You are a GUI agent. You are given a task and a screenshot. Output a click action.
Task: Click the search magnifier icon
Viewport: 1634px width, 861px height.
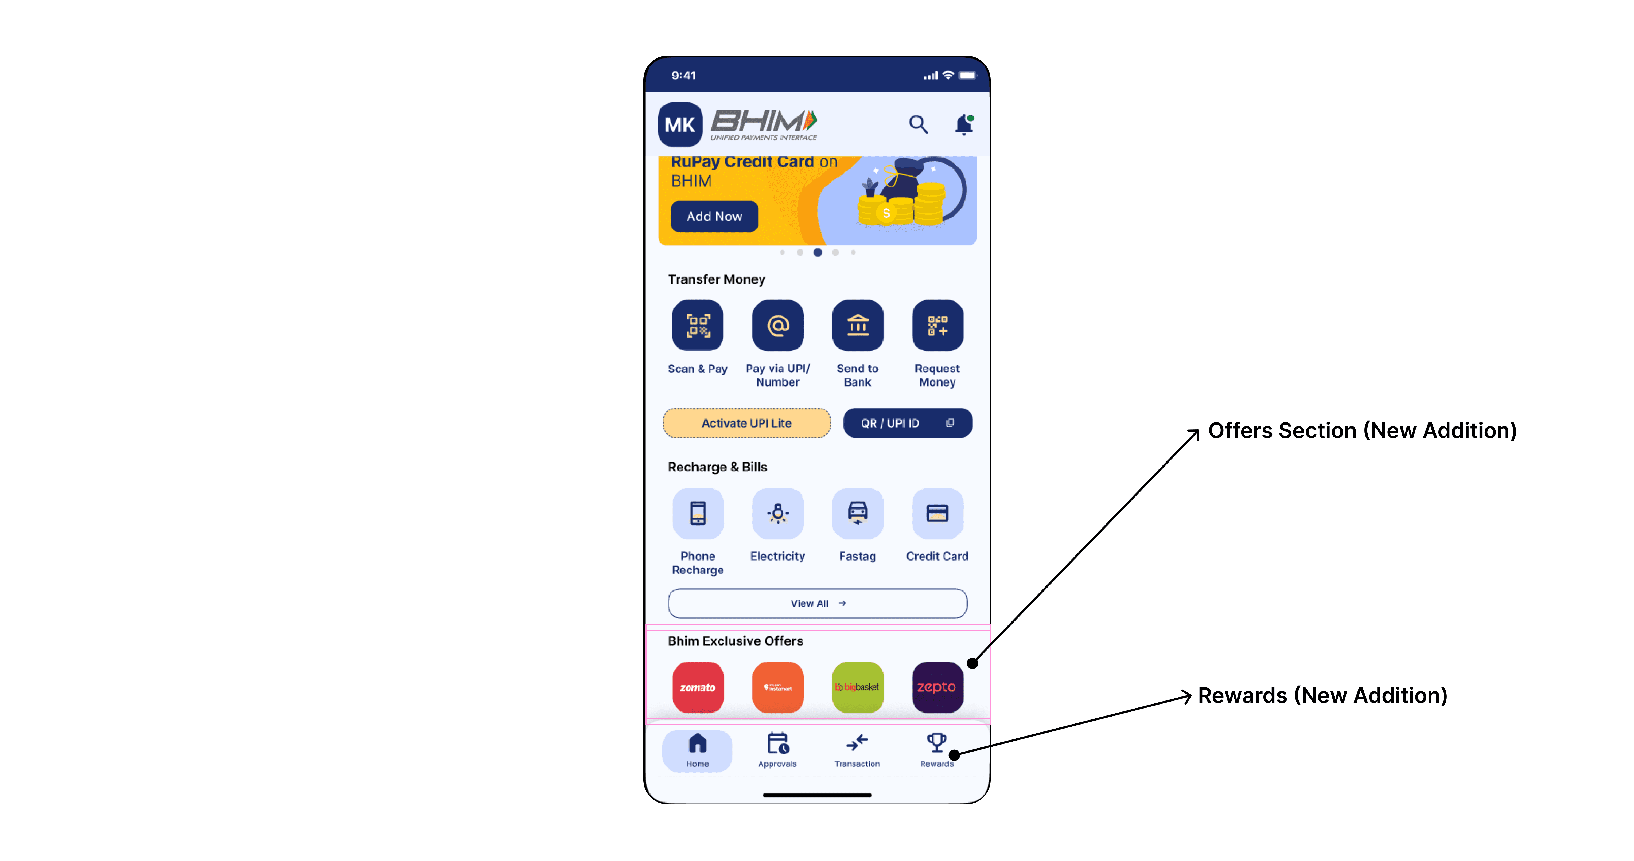[918, 124]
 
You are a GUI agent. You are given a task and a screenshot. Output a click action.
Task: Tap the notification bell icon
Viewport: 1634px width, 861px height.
[963, 124]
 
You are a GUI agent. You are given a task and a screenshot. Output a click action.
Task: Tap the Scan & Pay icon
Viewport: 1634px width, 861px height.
[698, 326]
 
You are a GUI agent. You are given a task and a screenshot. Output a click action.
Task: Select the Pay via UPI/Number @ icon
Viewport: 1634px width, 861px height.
[778, 326]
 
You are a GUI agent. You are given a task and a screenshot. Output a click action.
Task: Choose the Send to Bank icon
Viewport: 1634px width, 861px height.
[858, 326]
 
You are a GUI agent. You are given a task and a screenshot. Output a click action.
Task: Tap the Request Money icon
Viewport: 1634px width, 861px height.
[937, 326]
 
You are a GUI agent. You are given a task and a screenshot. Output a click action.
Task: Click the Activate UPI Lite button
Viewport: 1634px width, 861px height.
[746, 423]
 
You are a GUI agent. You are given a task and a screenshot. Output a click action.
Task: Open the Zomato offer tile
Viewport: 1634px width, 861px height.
[698, 687]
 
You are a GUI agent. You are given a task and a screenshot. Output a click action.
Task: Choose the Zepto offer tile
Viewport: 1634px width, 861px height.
[937, 687]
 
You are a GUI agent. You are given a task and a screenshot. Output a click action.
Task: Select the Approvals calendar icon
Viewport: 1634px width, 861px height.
[778, 743]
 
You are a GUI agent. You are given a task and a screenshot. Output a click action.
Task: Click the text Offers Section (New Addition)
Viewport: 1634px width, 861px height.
[1362, 430]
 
